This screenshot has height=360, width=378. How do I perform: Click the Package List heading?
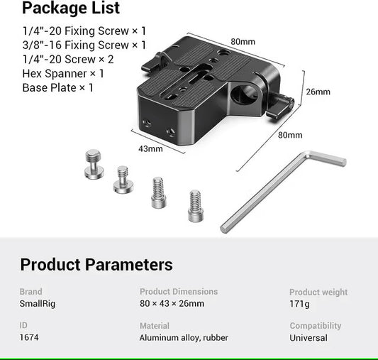click(x=71, y=9)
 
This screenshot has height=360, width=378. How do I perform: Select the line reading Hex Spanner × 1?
click(x=63, y=74)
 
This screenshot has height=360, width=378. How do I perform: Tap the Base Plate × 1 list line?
click(x=57, y=88)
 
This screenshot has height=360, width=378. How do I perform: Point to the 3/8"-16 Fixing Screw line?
click(x=84, y=45)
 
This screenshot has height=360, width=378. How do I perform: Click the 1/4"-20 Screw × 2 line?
click(x=68, y=60)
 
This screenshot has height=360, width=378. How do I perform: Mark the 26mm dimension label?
click(x=318, y=92)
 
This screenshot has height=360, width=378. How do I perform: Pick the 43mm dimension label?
click(x=150, y=149)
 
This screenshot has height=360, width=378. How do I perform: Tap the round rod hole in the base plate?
click(x=244, y=95)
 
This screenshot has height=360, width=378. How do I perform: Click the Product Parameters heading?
click(x=96, y=265)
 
